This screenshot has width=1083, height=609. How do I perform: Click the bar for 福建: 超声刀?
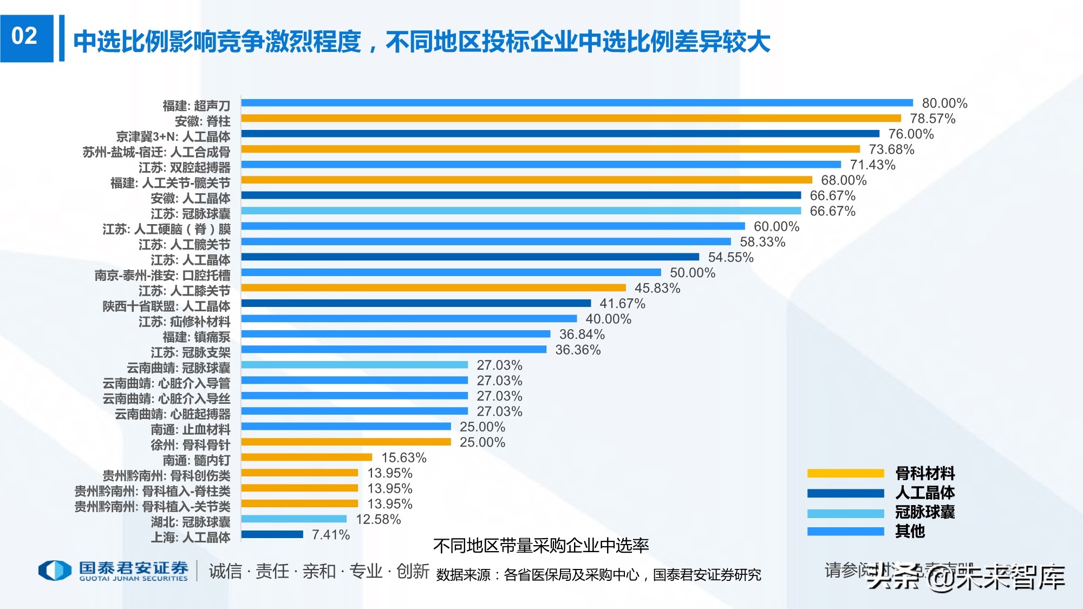click(x=577, y=103)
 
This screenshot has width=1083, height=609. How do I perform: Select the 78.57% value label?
click(x=932, y=119)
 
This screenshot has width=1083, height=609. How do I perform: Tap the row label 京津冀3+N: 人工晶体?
click(x=173, y=136)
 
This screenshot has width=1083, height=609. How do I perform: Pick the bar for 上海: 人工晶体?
click(x=272, y=534)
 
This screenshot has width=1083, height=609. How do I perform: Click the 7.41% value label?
click(x=331, y=535)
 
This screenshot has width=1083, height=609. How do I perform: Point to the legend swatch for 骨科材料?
click(x=845, y=473)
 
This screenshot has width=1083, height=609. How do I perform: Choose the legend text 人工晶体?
click(x=924, y=493)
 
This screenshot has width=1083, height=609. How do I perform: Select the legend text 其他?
click(x=910, y=532)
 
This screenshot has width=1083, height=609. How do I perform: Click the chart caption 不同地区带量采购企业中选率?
click(x=540, y=546)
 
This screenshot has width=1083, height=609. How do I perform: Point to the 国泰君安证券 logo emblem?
click(x=55, y=571)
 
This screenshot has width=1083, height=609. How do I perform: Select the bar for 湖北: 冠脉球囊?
click(x=293, y=519)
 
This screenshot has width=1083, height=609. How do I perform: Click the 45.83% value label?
click(x=657, y=288)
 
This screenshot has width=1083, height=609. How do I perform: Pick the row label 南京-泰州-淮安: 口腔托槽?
click(x=162, y=276)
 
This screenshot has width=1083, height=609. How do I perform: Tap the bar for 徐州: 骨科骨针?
click(x=345, y=442)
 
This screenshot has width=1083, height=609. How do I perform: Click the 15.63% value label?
click(x=403, y=458)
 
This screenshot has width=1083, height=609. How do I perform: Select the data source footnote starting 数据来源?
click(x=598, y=575)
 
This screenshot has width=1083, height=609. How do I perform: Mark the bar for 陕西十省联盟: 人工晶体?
click(x=416, y=303)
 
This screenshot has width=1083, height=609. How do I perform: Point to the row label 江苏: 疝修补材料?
click(x=184, y=322)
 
